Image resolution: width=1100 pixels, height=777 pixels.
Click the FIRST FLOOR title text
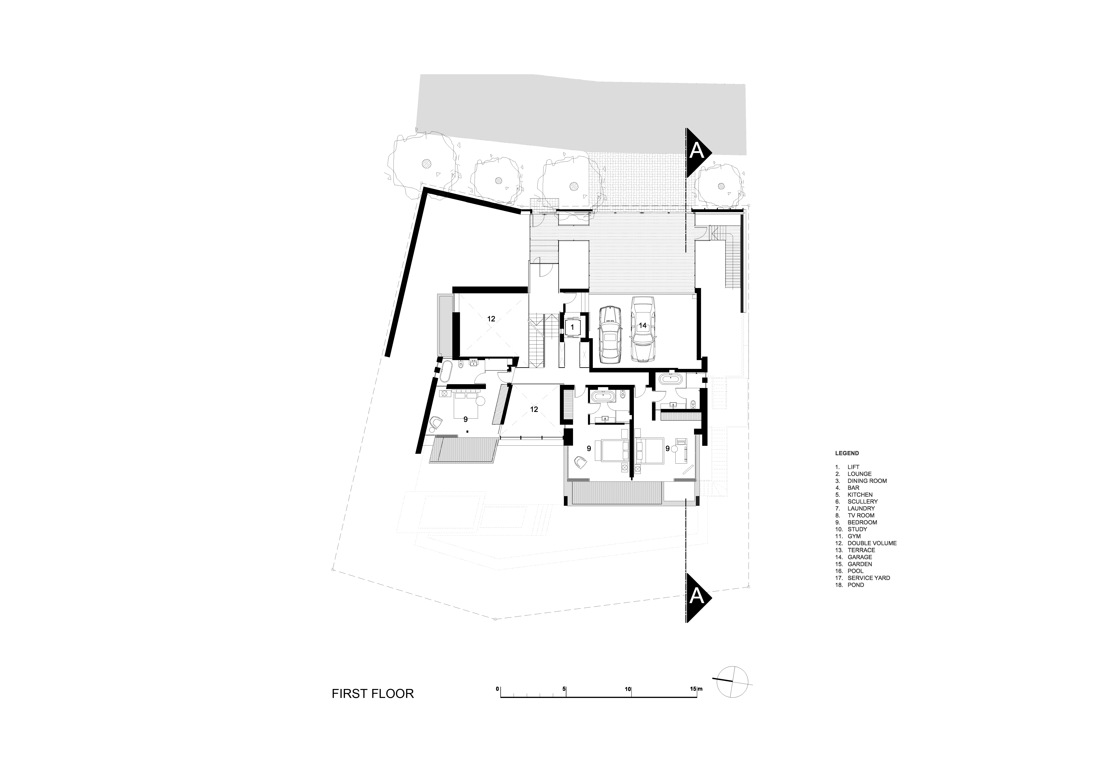[x=372, y=694]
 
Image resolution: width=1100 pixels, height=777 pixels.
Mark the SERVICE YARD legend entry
[x=868, y=578]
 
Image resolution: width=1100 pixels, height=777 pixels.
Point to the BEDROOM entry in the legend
[x=862, y=522]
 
